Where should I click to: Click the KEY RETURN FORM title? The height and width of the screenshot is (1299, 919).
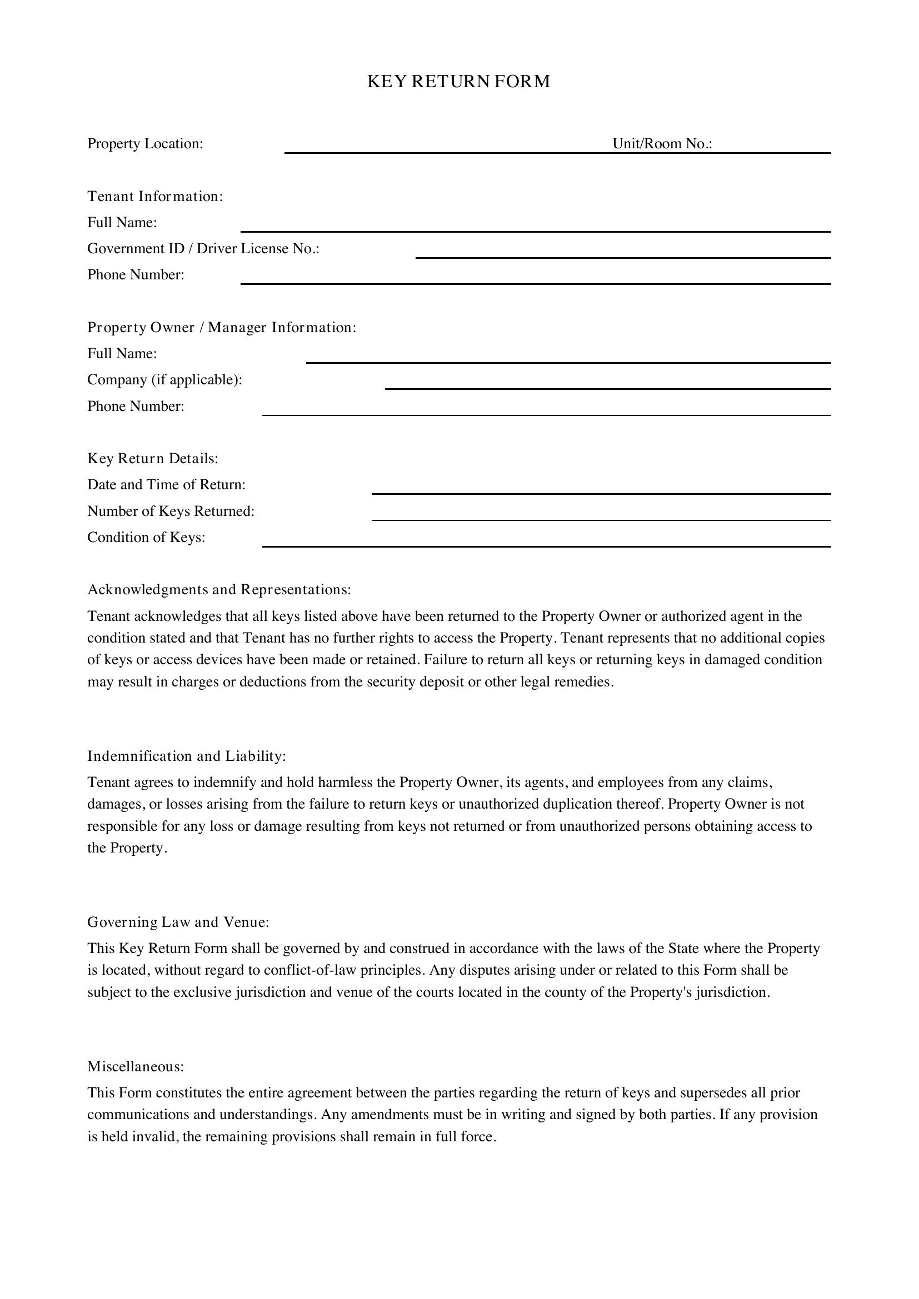coord(458,82)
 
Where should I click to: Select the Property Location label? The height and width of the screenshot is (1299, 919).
coord(145,144)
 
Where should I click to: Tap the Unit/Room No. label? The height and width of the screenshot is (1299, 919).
coord(662,144)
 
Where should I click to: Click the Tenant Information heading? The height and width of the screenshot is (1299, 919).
coord(155,196)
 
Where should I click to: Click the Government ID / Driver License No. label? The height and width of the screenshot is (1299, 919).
coord(203,248)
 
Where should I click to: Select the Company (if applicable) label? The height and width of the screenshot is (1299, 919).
coord(164,380)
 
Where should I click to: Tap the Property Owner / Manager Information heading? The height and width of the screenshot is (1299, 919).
coord(222,328)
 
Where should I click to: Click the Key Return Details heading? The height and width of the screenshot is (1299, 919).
coord(153,458)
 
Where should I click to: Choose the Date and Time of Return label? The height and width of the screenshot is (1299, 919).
coord(166,485)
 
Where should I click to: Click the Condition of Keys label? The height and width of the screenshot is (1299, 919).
coord(146,538)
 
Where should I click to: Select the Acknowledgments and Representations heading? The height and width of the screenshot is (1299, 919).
coord(219,590)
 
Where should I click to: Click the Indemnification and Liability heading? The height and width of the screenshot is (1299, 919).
coord(187,756)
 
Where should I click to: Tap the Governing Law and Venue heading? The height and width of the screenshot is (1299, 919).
coord(178,922)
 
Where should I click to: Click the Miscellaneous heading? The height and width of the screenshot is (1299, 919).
coord(136,1066)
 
